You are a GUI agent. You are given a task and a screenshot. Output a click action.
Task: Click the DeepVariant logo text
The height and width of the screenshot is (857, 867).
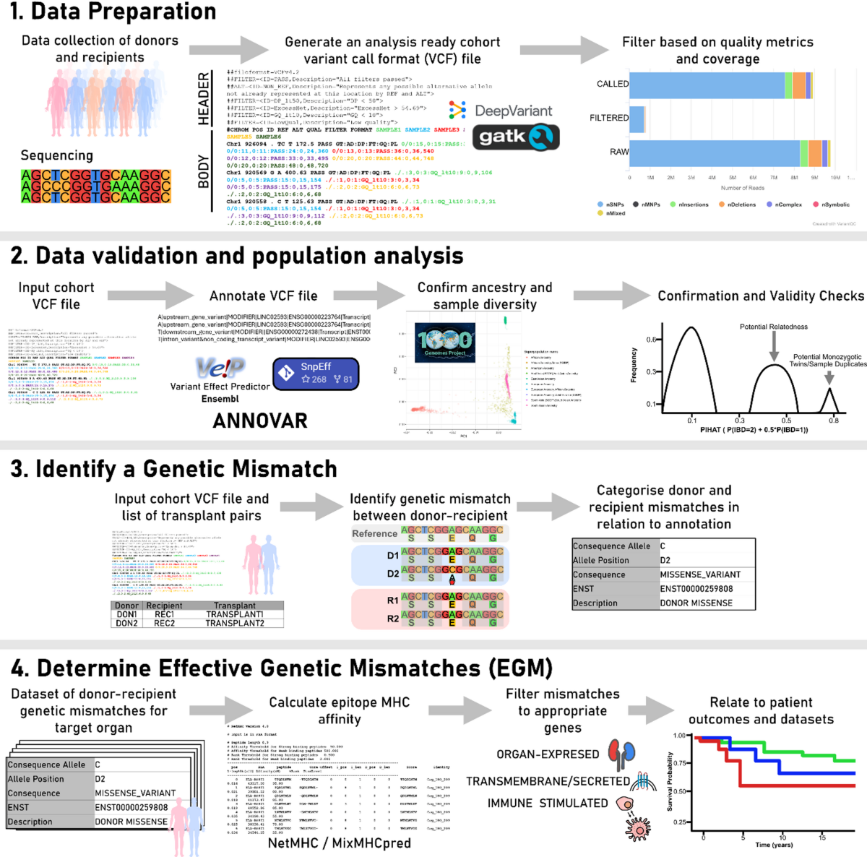click(x=513, y=111)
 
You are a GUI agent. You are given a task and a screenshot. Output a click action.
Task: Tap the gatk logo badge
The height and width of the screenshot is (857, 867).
click(x=516, y=137)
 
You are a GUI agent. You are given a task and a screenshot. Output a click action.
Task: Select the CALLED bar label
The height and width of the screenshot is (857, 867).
click(x=612, y=84)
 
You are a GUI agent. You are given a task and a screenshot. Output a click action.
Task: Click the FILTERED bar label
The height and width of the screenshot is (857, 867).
click(x=608, y=118)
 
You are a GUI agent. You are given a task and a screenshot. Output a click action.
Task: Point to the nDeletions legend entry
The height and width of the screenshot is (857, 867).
click(x=737, y=204)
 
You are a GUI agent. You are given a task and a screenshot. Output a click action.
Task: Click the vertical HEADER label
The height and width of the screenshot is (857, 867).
click(x=204, y=98)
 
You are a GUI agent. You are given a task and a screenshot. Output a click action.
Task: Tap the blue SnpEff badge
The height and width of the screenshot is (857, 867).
click(x=316, y=373)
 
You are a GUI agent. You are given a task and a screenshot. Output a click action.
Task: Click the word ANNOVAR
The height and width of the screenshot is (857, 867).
click(x=260, y=421)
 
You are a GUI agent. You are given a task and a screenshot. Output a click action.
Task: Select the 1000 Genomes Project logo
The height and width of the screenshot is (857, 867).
click(x=445, y=343)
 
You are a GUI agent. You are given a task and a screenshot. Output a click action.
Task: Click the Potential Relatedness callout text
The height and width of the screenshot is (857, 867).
click(x=773, y=327)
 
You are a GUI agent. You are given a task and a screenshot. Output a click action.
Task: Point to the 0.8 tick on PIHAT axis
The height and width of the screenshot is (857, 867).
click(x=833, y=420)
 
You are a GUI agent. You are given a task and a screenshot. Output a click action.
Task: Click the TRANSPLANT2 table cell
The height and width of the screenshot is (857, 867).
click(x=235, y=623)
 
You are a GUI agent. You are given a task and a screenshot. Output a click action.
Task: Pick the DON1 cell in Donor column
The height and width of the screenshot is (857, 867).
click(x=126, y=614)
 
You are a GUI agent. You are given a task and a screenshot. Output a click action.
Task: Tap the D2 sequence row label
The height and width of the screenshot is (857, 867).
click(x=392, y=573)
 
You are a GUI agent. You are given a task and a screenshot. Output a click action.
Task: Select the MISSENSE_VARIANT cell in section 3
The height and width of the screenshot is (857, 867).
click(x=700, y=574)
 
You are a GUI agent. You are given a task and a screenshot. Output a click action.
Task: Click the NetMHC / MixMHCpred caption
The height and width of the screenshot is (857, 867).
click(x=339, y=843)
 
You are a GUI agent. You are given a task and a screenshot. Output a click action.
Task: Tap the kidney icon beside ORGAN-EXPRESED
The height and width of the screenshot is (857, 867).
click(x=621, y=753)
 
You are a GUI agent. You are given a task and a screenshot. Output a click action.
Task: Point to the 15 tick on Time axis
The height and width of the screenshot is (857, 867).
click(x=822, y=837)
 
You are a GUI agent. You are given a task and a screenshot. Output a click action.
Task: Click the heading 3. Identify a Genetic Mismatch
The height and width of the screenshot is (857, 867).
click(x=173, y=469)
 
